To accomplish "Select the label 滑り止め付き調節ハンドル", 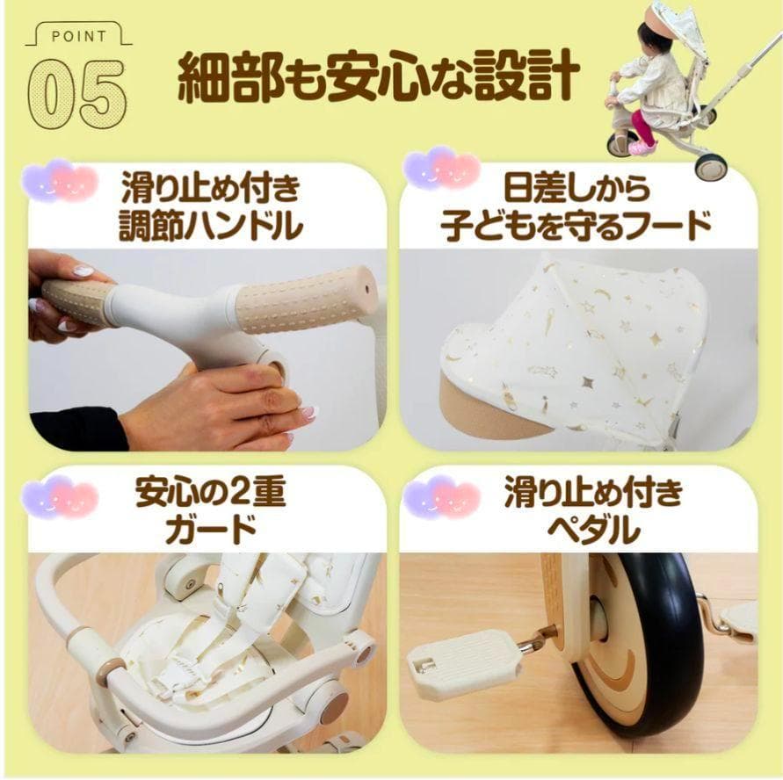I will coord(211,209).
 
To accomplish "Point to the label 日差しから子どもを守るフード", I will coord(576,209).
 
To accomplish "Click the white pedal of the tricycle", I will coord(457,664).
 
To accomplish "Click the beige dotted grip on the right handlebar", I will coord(303,299).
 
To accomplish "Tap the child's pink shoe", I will coord(641,146).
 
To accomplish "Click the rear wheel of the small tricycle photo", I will coord(710,166).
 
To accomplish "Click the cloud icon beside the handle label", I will coord(59,180).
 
